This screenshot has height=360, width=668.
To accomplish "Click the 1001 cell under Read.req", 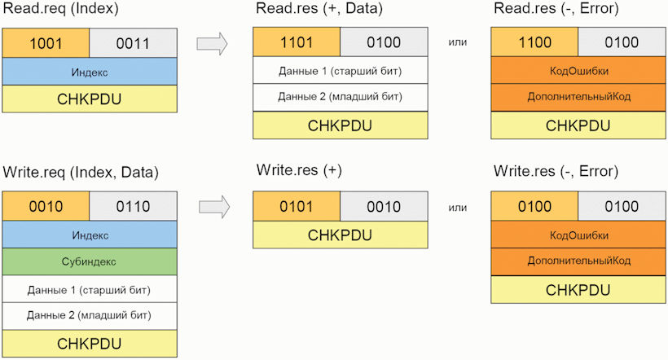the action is tap(46, 43).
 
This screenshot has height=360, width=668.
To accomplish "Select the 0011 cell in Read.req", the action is tap(134, 43).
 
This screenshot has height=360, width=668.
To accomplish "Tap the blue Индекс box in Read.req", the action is tap(90, 72).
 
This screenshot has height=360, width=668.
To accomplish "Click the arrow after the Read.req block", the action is tap(212, 43).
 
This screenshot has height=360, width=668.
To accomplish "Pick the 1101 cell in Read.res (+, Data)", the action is tap(297, 42).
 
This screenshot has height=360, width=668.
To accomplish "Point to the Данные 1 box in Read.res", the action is tap(341, 70).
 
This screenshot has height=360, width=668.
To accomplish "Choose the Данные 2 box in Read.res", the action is tap(341, 97).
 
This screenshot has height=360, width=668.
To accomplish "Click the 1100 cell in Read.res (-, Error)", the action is tap(534, 42).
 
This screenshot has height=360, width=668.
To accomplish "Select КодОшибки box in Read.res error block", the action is tap(578, 70).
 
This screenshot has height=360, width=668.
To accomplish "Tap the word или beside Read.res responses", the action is tap(458, 42).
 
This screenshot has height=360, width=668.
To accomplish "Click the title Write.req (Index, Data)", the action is tap(81, 173).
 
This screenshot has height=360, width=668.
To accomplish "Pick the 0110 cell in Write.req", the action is tap(134, 206).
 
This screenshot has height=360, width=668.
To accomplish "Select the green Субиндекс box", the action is tap(90, 261).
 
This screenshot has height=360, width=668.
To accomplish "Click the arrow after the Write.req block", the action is tap(214, 207).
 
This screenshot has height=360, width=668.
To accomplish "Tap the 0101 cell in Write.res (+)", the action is tap(297, 206).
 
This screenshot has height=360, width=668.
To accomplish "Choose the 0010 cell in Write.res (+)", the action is tap(384, 206).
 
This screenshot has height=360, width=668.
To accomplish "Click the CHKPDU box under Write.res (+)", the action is tap(341, 235).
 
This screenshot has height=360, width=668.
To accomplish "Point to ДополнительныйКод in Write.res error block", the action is tap(578, 261).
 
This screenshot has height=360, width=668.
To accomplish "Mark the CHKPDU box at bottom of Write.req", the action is tap(90, 344).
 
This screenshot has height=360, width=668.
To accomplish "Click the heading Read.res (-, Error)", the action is tap(556, 8).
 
